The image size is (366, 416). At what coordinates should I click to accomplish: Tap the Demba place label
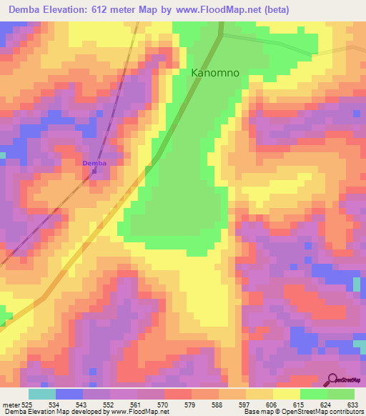point(94,163)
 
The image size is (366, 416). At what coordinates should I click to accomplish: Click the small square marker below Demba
point(94,171)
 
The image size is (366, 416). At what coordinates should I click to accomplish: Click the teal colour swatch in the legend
point(42,394)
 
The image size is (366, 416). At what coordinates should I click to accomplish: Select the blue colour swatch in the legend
point(69,394)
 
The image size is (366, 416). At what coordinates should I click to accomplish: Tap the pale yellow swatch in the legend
point(287,394)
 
